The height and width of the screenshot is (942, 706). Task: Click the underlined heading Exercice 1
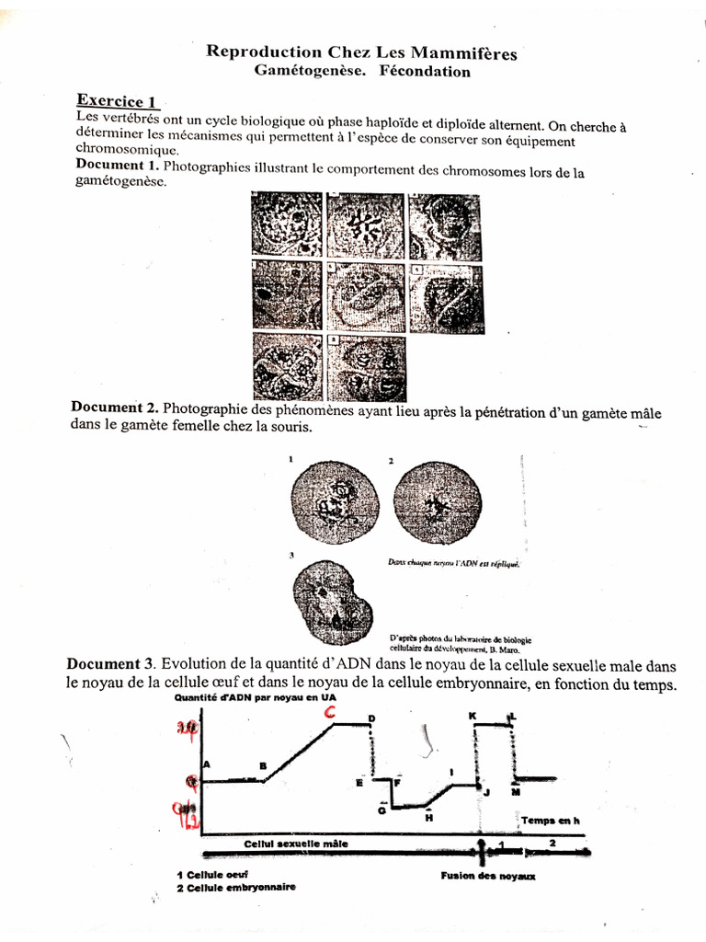[x=118, y=101]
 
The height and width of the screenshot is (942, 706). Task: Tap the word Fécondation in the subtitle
[x=425, y=72]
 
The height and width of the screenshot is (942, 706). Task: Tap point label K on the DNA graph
[x=472, y=715]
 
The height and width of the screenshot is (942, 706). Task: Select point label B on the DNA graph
[x=263, y=765]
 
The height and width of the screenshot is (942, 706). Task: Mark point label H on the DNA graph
[x=428, y=816]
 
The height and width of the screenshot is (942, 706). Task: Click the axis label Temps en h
[x=551, y=820]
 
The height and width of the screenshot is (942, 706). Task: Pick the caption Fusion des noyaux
[x=488, y=876]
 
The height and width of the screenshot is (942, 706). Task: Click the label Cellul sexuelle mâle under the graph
[x=296, y=843]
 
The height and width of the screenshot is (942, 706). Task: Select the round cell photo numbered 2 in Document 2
[x=432, y=502]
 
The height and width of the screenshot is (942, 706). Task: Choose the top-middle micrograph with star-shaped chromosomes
[x=366, y=224]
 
